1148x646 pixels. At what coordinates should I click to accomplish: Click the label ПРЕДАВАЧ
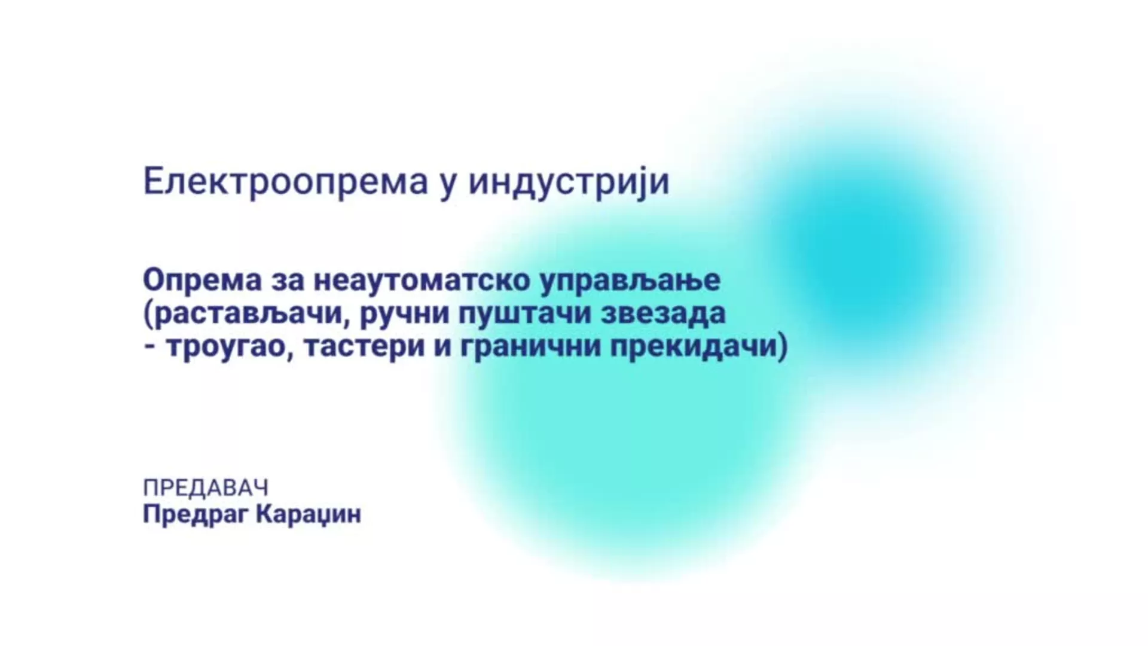coord(206,488)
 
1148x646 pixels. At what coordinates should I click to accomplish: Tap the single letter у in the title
coord(448,185)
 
